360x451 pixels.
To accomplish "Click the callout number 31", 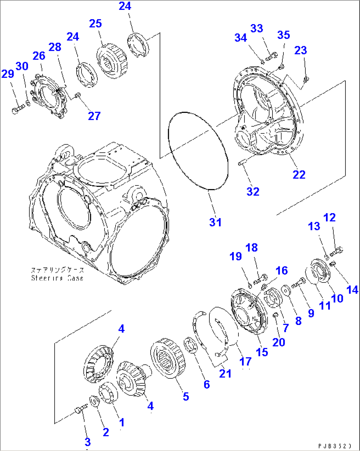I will [x=215, y=222].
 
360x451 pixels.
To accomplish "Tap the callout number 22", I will [x=299, y=174].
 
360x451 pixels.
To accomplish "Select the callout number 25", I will [x=95, y=23].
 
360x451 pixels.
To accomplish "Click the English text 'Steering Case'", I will [x=57, y=278].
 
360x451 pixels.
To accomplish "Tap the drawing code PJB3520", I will [x=334, y=446].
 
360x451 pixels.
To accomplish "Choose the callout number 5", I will [x=186, y=396].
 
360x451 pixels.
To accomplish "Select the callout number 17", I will [x=245, y=361].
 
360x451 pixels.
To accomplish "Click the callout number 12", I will [x=330, y=217].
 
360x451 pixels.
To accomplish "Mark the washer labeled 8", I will [x=286, y=290].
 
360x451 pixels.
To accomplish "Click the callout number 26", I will [x=39, y=55].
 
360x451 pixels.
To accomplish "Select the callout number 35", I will [x=283, y=35].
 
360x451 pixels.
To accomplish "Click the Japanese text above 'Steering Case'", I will [x=57, y=270].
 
